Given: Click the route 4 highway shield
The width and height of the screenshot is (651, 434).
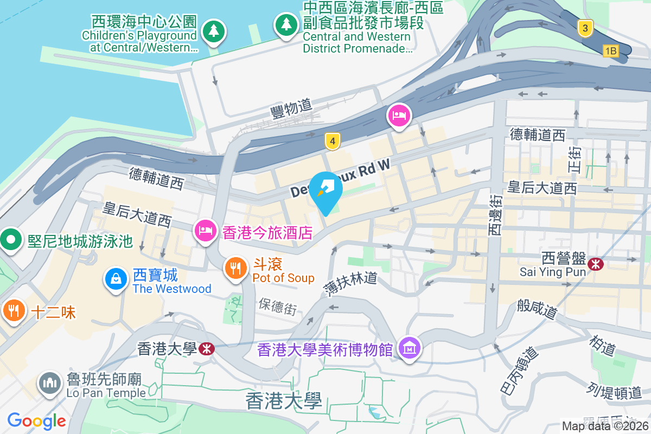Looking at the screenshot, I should click(333, 142).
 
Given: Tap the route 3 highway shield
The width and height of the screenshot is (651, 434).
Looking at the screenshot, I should click(584, 28).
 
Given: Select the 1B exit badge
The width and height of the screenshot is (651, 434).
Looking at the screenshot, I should click(610, 51).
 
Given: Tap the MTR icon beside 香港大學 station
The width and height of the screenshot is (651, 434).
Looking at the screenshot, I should click(206, 348).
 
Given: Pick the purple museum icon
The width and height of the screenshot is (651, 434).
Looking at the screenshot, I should click(409, 348).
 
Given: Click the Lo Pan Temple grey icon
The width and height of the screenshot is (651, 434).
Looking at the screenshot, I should click(49, 383).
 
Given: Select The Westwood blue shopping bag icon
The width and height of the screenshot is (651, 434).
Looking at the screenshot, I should click(116, 279).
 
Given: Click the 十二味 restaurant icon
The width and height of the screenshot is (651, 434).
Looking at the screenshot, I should click(13, 310).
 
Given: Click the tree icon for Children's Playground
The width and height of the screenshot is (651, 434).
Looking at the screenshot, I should click(213, 30).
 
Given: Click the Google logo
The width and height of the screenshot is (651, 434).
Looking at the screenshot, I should click(37, 420).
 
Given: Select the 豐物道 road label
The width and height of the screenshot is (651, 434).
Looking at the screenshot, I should click(291, 107).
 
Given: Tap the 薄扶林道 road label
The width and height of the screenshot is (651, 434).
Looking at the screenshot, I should click(350, 282).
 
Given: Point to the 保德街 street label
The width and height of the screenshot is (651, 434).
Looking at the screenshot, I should click(277, 307).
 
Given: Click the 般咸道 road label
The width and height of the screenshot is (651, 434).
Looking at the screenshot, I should click(537, 309).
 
